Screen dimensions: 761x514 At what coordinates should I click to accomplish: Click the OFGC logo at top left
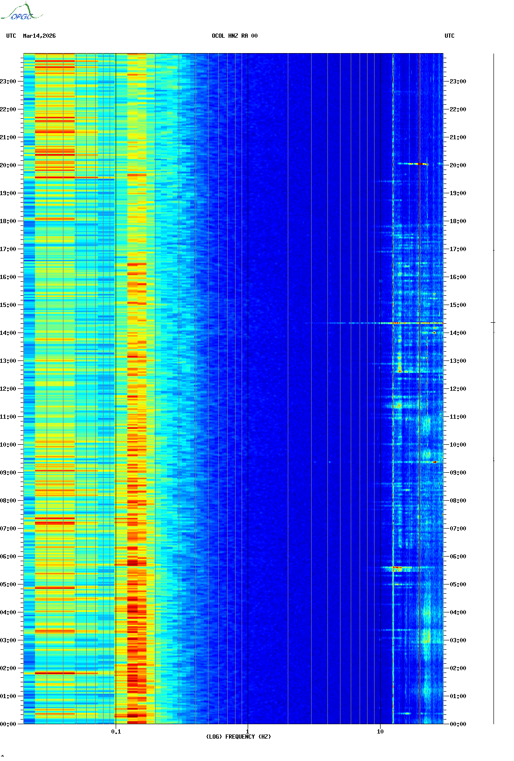21,12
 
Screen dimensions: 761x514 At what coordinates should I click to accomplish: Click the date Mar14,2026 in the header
39,36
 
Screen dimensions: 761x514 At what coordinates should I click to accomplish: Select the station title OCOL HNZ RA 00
235,36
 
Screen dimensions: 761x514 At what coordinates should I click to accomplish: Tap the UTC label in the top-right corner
449,36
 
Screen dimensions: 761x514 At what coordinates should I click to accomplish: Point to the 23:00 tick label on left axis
8,82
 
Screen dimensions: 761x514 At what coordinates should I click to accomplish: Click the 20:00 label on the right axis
458,165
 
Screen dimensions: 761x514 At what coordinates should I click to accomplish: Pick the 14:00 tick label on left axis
8,333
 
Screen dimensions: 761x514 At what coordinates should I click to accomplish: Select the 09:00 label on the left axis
8,473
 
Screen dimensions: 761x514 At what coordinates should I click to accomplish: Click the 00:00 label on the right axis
458,724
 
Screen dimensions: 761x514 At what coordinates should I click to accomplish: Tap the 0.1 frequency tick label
116,732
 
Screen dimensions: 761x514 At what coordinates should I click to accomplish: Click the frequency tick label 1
247,732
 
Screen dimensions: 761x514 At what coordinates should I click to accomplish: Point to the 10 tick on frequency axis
380,732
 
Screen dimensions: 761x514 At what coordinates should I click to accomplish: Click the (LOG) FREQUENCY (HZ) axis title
238,737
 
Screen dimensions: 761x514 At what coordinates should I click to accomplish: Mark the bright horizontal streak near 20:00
412,164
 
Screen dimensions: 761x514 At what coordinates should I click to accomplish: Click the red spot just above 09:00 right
435,462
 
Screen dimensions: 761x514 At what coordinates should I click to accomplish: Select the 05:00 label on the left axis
8,584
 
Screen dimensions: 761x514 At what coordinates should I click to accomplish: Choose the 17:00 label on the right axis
458,249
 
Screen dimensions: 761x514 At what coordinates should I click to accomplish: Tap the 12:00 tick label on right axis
458,389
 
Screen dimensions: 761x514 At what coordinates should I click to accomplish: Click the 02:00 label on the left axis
8,668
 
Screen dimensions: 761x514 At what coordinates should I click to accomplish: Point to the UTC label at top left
11,36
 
